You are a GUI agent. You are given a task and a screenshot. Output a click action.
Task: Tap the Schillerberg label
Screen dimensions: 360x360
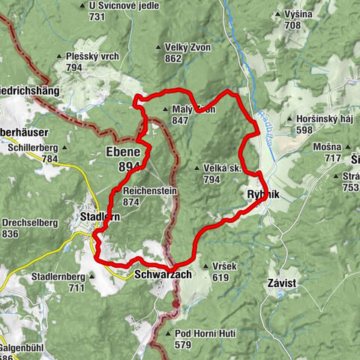[x=33, y=148]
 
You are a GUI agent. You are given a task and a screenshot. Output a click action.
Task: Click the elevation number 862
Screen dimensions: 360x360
[x=174, y=58]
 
